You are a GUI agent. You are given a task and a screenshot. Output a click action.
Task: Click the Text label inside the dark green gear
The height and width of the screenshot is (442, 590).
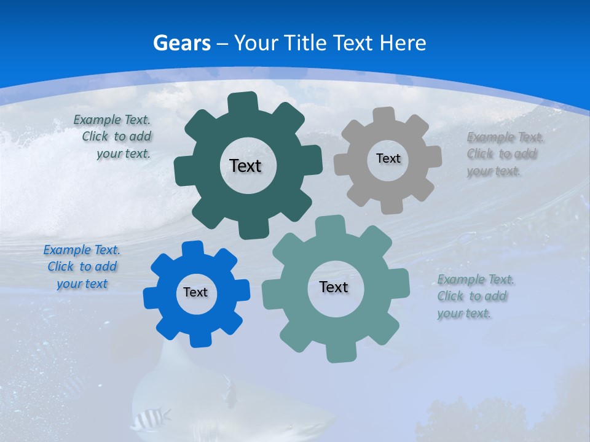coord(245,166)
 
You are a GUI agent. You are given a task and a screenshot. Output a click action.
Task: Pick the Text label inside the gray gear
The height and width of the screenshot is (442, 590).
coord(388,158)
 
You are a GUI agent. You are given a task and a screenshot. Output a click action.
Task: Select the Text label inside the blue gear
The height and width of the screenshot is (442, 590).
coord(195,292)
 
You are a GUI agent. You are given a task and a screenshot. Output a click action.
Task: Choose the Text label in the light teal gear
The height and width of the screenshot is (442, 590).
coord(334,287)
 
